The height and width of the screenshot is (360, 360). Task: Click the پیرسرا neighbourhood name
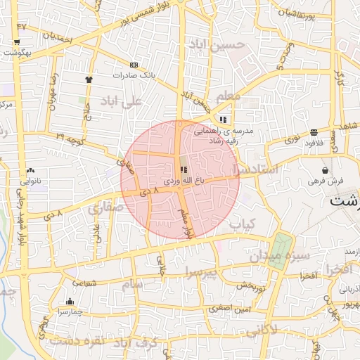pos(203,271)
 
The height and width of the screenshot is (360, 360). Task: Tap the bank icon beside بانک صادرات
pos(134,65)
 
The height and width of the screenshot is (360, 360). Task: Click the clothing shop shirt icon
pos(89,79)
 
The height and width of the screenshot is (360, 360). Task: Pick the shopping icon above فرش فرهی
pos(325,170)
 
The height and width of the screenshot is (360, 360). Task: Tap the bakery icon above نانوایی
pos(30,171)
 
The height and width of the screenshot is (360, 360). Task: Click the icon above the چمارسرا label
pos(69,302)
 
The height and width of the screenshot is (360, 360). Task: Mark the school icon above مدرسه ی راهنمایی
pos(224,120)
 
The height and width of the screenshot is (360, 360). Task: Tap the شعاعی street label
pos(83,282)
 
